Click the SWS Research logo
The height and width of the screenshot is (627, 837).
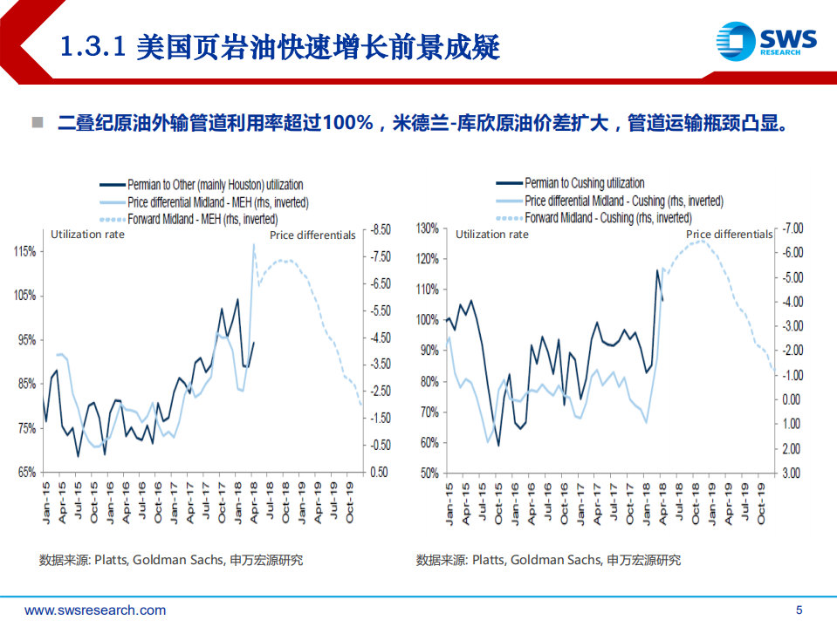765,42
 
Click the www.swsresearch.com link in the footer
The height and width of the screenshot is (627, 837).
95,610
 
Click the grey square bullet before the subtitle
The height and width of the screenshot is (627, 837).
38,122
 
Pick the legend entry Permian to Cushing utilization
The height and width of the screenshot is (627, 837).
584,183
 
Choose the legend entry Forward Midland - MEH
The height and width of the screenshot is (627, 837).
202,219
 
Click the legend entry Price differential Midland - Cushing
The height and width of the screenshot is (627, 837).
624,201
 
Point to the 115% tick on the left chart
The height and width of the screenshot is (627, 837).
24,251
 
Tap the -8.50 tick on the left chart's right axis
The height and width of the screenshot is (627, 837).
381,229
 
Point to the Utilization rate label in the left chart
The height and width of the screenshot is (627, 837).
87,234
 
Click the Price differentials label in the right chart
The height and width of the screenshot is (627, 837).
729,234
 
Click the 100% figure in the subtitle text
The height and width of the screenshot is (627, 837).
346,122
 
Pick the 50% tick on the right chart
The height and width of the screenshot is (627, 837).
427,473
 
